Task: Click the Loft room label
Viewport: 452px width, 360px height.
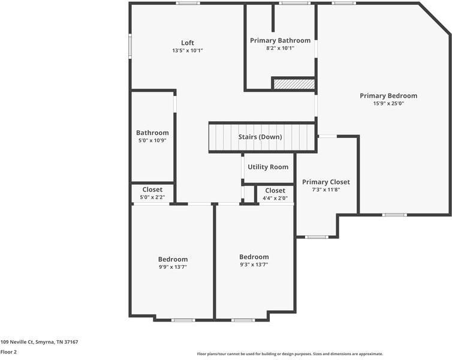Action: [x=188, y=43]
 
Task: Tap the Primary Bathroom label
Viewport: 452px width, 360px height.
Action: [x=280, y=41]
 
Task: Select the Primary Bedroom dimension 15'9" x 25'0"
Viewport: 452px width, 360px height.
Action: [x=388, y=103]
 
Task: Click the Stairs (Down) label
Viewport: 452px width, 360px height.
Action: [x=260, y=137]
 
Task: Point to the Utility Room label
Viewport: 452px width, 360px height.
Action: [x=268, y=167]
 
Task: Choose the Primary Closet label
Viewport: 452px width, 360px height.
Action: [x=326, y=182]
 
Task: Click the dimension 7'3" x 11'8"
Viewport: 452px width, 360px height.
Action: [x=326, y=190]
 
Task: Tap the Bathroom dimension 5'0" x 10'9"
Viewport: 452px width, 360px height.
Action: [x=152, y=140]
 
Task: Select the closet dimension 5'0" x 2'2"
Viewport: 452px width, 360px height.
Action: [x=152, y=197]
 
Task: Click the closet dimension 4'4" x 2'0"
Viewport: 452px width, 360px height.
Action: [x=275, y=198]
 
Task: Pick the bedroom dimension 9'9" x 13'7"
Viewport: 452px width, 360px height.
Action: [x=173, y=267]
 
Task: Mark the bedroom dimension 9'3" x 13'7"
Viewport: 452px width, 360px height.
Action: [x=254, y=265]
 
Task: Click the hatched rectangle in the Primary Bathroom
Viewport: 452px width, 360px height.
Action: [x=294, y=84]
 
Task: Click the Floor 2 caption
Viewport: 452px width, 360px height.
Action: [x=8, y=352]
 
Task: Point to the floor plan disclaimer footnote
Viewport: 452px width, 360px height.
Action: [x=290, y=354]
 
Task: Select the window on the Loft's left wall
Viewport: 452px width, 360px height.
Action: [x=130, y=47]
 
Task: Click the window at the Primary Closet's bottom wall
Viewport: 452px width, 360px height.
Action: [x=316, y=237]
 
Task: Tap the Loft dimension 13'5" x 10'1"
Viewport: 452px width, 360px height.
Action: [x=188, y=50]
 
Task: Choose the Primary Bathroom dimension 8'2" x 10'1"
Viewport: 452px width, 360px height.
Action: [x=280, y=49]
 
